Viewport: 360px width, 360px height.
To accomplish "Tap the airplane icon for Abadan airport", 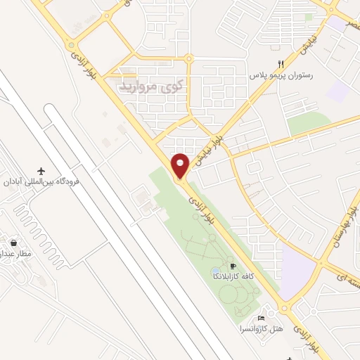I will point(41,172).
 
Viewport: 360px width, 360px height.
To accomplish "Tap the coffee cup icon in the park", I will point(233,266).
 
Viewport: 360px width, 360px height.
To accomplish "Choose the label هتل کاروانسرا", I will point(263,328).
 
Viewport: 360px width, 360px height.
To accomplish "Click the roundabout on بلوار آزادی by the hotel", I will point(285,308).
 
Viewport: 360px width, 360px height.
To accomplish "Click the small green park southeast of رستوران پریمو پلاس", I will point(308,124).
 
